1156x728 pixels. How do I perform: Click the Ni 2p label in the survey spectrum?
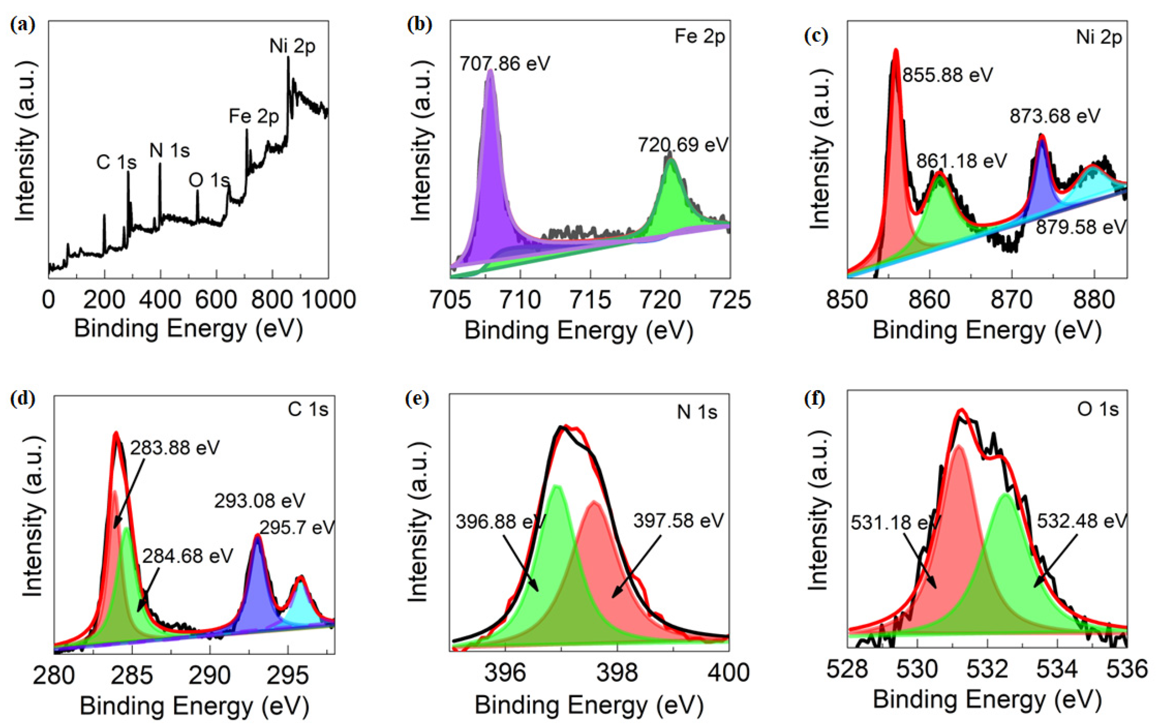pyautogui.click(x=292, y=47)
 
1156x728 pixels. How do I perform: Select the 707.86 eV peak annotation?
pyautogui.click(x=504, y=63)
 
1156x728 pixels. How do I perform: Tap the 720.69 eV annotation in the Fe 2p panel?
pyautogui.click(x=683, y=145)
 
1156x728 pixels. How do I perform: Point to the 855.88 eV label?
pyautogui.click(x=947, y=75)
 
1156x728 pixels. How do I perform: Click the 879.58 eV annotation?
pyautogui.click(x=1080, y=227)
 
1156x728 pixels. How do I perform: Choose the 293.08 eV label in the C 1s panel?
pyautogui.click(x=259, y=501)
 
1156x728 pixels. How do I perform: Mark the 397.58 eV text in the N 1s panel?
pyautogui.click(x=678, y=521)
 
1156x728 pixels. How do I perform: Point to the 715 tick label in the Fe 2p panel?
pyautogui.click(x=590, y=300)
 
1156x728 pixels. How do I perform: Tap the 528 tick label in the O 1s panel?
pyautogui.click(x=847, y=669)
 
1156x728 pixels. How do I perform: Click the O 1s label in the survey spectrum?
pyautogui.click(x=209, y=181)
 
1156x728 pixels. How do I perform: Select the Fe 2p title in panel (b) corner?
pyautogui.click(x=700, y=37)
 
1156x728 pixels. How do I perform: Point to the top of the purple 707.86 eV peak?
pyautogui.click(x=490, y=71)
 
